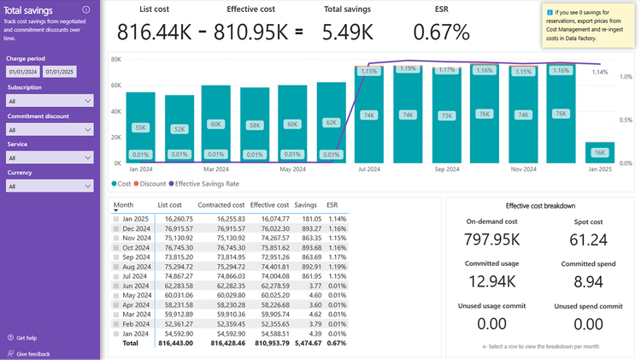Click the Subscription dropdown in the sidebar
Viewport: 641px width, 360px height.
pos(50,101)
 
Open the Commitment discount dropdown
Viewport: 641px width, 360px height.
pos(50,129)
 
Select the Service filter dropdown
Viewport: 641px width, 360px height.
pos(50,158)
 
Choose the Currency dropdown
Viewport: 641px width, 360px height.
pos(50,186)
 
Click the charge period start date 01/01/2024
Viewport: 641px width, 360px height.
pos(23,73)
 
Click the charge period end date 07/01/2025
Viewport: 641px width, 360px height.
pos(61,73)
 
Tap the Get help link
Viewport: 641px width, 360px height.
pos(26,338)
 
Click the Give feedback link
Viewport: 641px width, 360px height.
pos(32,353)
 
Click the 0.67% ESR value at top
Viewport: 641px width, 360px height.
pos(441,32)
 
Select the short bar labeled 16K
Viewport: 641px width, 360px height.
pos(599,152)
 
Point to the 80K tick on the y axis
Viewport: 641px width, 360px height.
pos(115,60)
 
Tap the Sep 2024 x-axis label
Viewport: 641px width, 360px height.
pos(446,169)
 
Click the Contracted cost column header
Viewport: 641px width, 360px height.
pos(221,205)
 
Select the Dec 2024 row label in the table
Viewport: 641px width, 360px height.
pos(137,228)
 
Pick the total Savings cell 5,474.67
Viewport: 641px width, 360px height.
pos(306,343)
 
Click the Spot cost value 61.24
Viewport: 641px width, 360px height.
pos(587,240)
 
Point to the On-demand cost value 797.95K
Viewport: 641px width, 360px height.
pos(492,240)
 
